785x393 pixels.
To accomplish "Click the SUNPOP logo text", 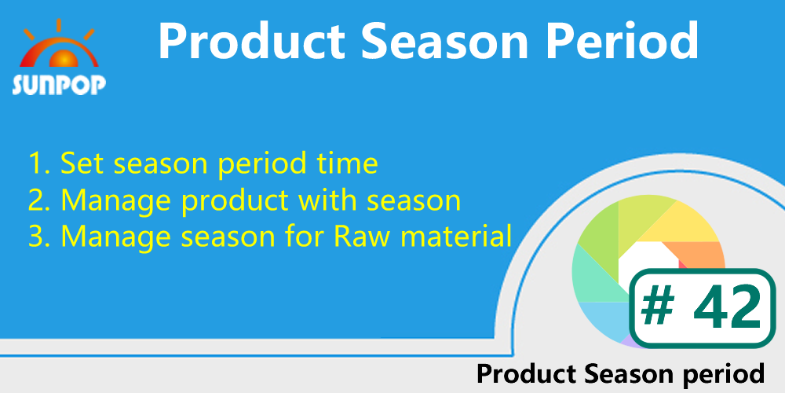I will (59, 85).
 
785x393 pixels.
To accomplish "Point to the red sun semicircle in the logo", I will (59, 58).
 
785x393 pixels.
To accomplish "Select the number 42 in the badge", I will (725, 308).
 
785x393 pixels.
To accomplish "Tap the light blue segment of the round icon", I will (604, 314).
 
